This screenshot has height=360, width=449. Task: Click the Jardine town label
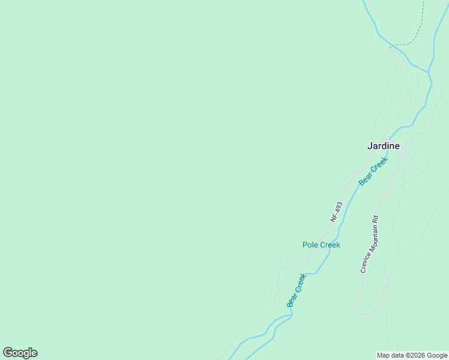384,146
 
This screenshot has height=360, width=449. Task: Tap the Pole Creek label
321,245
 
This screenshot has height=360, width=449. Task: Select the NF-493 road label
336,212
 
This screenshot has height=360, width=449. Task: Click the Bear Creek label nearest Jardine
373,170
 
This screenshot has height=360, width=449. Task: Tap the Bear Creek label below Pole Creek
297,290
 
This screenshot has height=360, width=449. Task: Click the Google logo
20,353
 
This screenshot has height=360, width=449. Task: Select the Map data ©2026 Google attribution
412,355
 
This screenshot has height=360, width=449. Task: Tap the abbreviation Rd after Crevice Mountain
375,220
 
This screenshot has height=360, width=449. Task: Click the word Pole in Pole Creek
310,245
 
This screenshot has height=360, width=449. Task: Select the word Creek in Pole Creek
329,245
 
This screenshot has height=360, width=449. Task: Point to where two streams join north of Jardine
429,72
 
